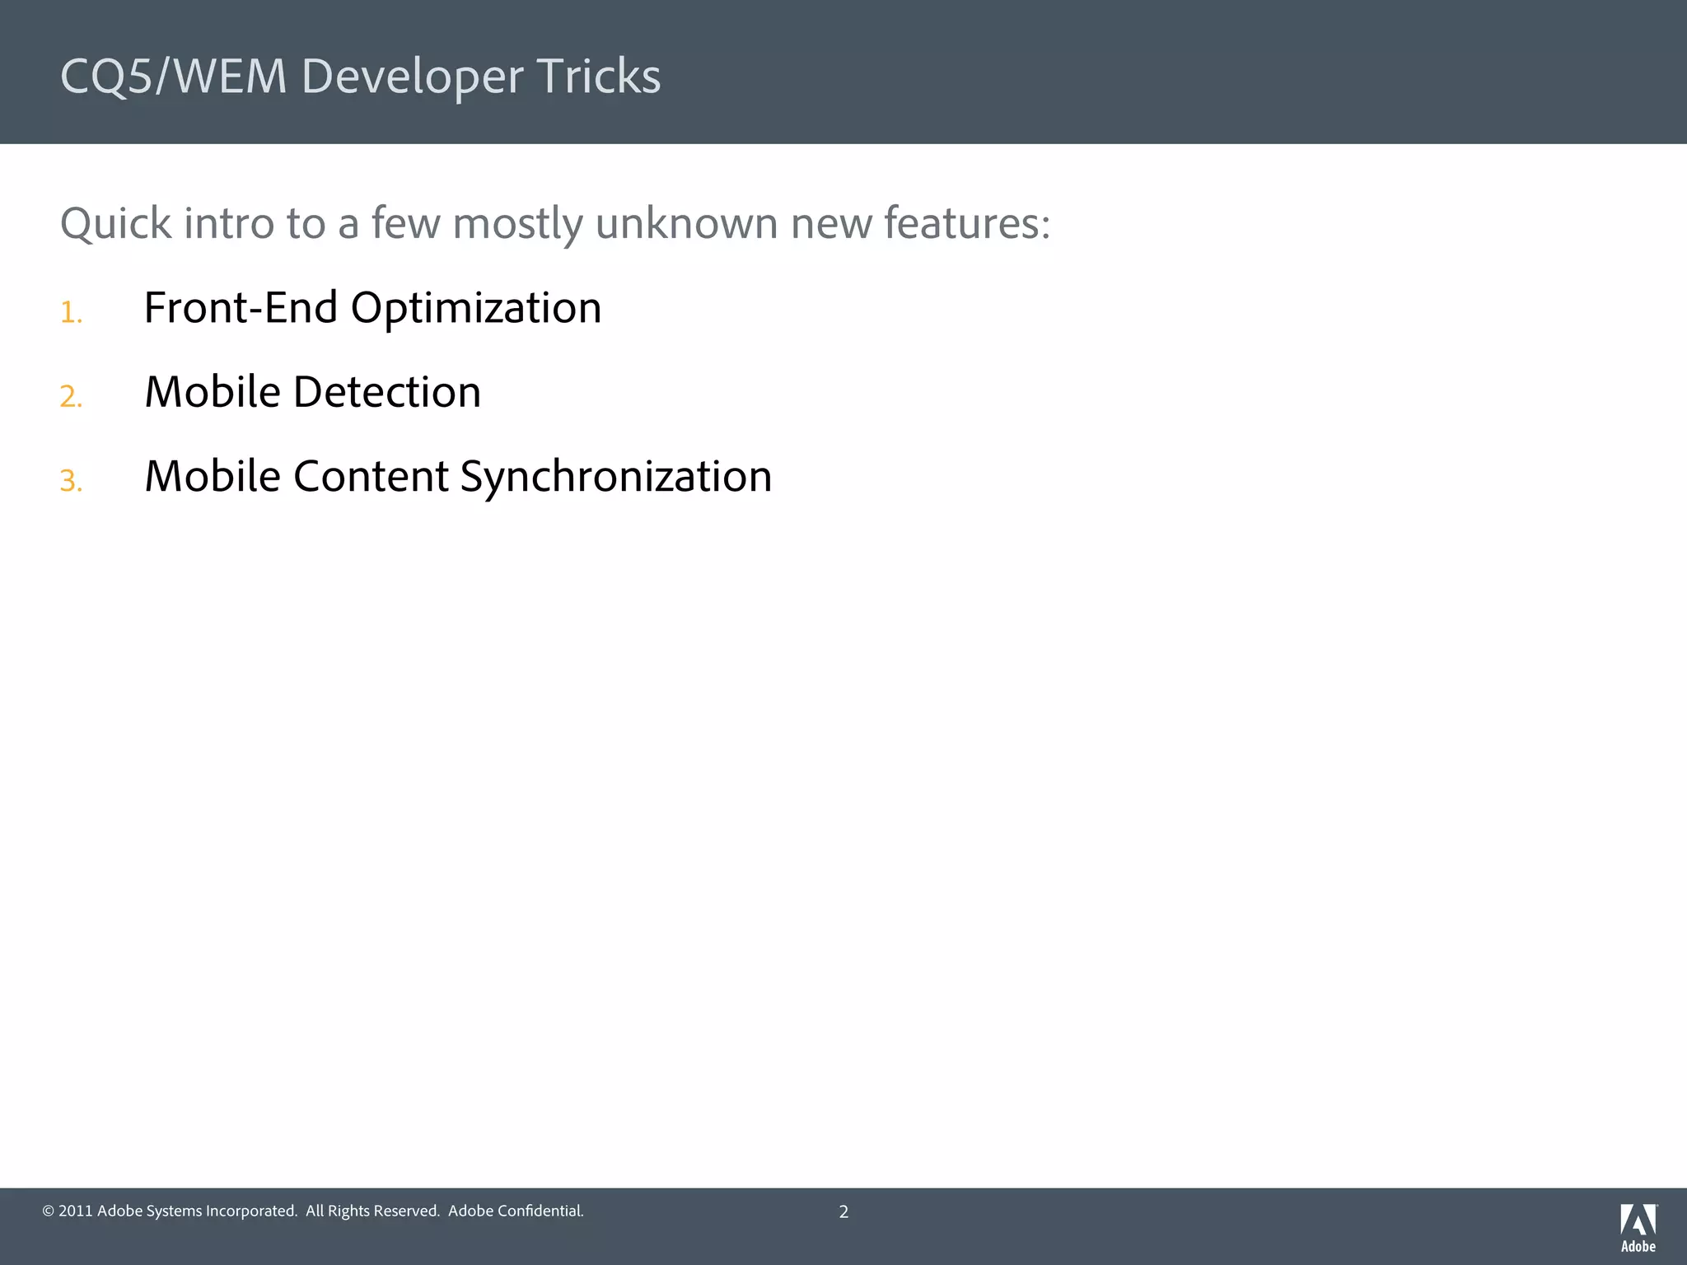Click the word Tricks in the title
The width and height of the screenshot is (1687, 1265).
click(x=598, y=77)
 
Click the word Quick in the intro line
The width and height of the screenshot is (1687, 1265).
click(x=116, y=224)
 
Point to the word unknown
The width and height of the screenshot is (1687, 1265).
click(x=686, y=224)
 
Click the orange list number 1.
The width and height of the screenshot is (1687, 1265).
click(x=71, y=313)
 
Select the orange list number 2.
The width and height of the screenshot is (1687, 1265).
click(x=71, y=397)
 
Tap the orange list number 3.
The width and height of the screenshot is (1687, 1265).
click(x=71, y=481)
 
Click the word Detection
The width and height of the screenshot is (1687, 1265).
click(x=387, y=392)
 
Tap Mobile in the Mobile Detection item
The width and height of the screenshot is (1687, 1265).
click(x=213, y=392)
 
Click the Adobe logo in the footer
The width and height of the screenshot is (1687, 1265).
click(x=1638, y=1227)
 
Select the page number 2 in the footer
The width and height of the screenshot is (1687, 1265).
click(x=843, y=1211)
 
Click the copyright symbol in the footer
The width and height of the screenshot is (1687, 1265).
click(x=48, y=1211)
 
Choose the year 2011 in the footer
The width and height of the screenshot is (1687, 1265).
click(x=75, y=1211)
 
